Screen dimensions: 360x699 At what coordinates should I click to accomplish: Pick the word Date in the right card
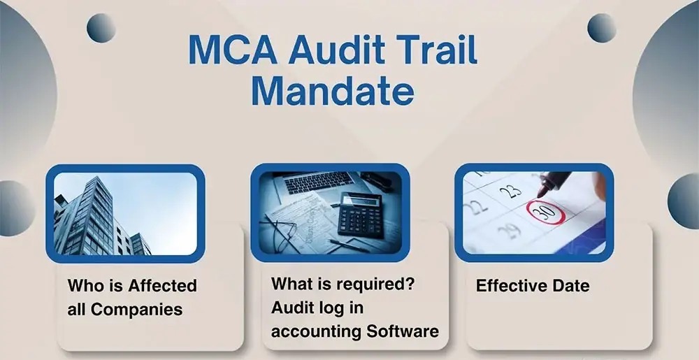tap(573, 285)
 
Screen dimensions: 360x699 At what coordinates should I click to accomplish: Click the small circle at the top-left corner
tap(101, 27)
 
